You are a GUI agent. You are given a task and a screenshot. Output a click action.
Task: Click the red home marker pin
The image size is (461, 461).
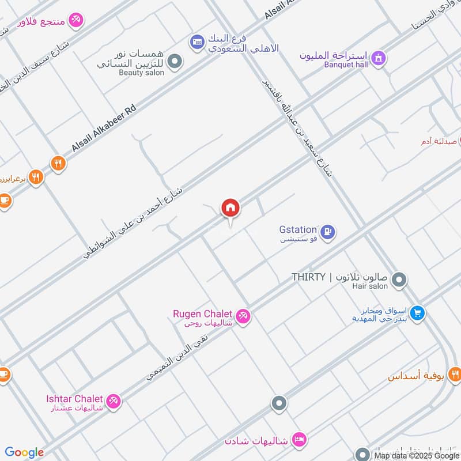coord(231,208)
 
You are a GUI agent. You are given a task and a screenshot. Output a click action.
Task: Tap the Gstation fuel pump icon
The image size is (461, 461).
coord(328,232)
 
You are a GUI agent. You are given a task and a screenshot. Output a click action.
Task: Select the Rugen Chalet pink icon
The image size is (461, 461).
coord(243,316)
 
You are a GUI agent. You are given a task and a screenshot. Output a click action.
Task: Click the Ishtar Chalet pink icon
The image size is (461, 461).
coord(114,401)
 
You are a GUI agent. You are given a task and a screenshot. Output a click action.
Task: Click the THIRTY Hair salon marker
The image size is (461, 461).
coord(398,281)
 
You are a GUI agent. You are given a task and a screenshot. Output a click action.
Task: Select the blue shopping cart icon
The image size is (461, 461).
coord(418,313)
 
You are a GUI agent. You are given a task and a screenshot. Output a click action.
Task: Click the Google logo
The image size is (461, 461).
coord(24,452)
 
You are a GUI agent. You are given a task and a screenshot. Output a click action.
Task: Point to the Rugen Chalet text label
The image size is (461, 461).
coord(202,314)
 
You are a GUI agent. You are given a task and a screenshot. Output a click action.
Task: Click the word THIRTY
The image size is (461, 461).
coord(308,277)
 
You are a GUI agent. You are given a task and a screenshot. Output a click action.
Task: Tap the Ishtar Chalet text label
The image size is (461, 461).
coord(74,399)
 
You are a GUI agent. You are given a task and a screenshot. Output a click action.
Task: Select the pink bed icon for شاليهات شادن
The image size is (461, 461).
coord(298,440)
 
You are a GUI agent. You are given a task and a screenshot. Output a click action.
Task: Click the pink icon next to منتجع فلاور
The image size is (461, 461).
coord(75,21)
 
